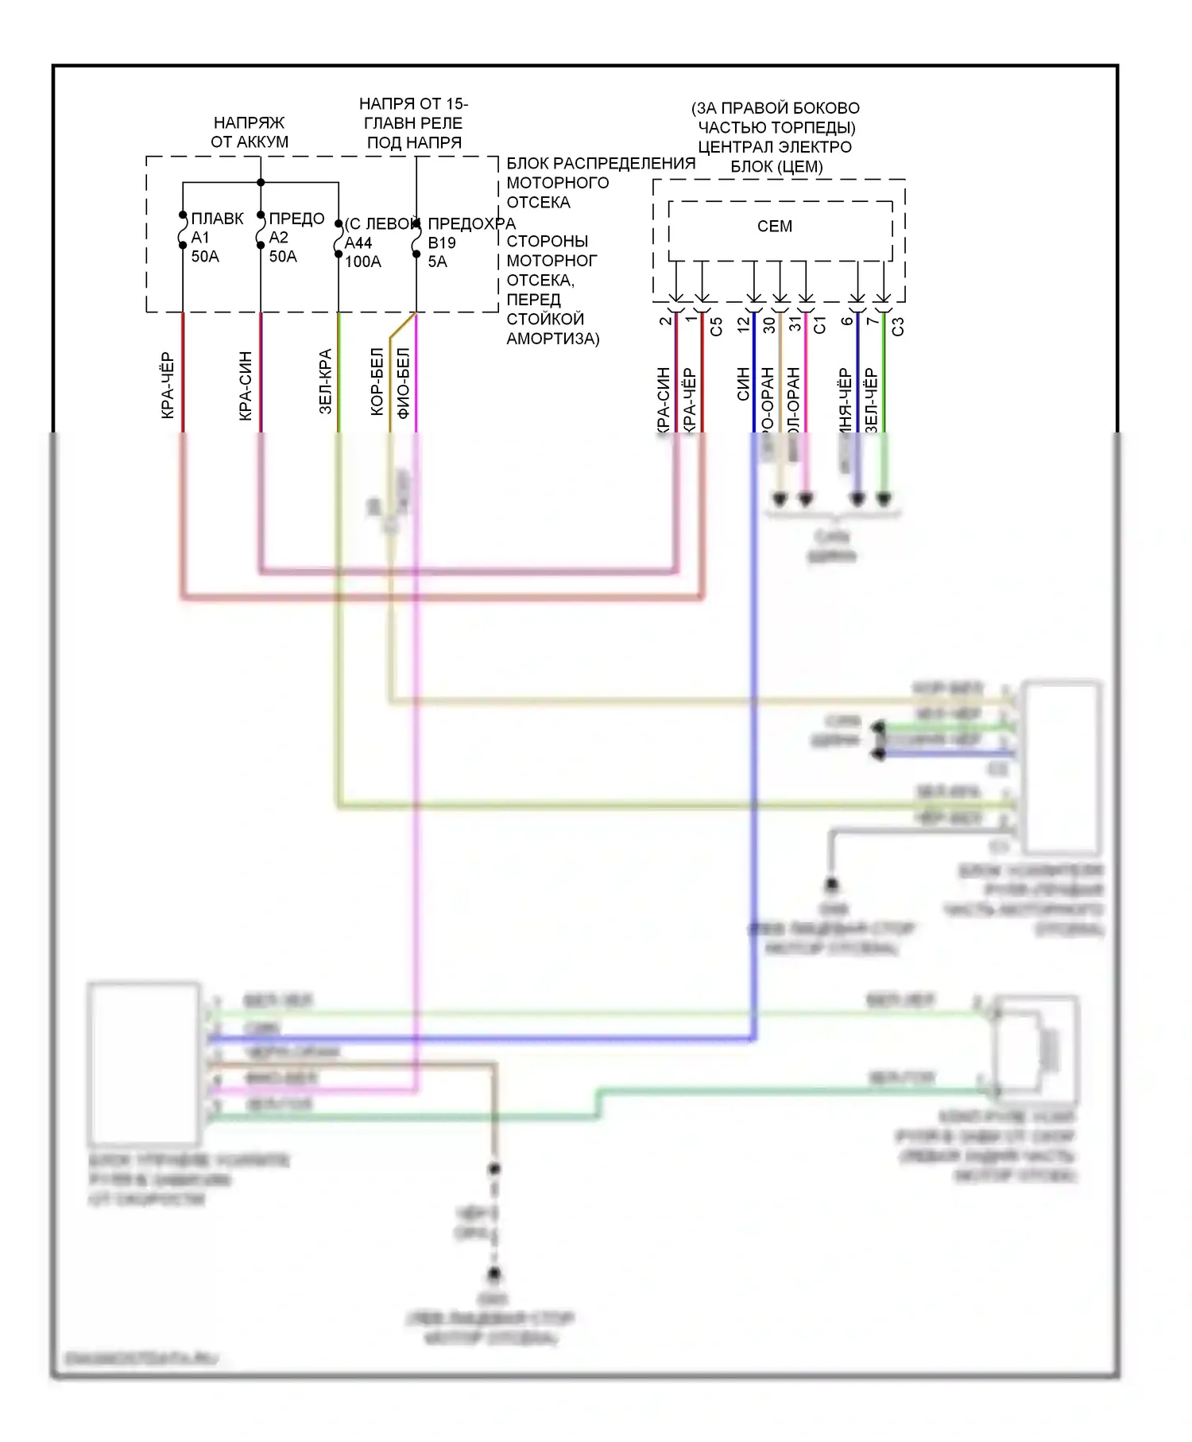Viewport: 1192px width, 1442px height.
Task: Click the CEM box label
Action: [x=774, y=227]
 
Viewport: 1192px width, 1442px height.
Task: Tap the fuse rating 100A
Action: [x=362, y=262]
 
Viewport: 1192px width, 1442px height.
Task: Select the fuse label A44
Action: [x=358, y=242]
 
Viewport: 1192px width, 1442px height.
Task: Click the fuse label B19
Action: [x=442, y=242]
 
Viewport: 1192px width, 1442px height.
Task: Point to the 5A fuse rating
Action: [x=437, y=262]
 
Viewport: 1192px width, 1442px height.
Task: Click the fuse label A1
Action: [x=199, y=237]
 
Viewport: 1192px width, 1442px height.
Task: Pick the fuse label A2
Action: [x=278, y=237]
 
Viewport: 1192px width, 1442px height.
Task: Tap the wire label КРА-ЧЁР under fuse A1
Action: [x=167, y=386]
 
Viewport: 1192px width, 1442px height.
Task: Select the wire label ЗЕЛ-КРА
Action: [x=325, y=382]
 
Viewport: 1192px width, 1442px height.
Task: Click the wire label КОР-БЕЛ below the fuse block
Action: [x=377, y=382]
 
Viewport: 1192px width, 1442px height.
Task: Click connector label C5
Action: [x=716, y=326]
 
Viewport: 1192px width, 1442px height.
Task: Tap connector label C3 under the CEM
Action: [x=898, y=326]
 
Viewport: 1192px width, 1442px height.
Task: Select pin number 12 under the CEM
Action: [x=743, y=324]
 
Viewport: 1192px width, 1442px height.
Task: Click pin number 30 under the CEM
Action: [x=769, y=324]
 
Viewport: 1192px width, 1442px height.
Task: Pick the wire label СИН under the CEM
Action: [x=743, y=384]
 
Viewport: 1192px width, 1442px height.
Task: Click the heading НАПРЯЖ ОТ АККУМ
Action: [x=250, y=132]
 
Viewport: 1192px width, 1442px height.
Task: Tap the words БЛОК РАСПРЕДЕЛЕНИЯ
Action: [x=601, y=163]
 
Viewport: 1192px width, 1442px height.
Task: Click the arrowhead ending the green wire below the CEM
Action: [x=884, y=499]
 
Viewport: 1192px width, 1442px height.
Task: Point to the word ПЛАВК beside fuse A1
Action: [x=217, y=219]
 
